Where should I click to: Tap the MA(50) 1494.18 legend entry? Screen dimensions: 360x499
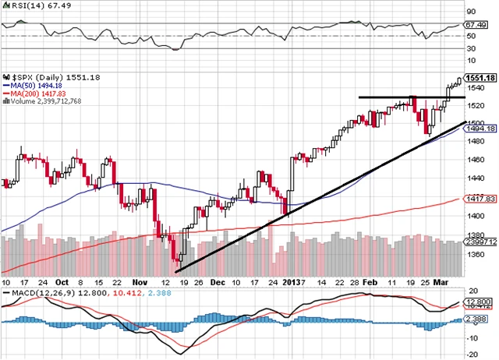click(37, 86)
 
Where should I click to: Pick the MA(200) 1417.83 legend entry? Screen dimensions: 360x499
click(40, 94)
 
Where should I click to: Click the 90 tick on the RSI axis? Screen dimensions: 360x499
click(470, 12)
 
